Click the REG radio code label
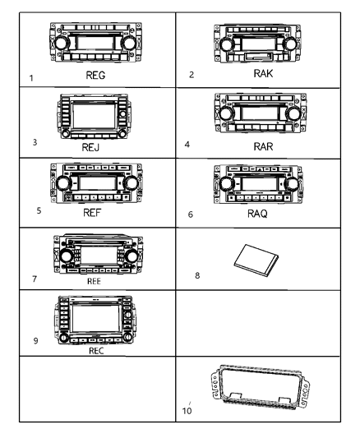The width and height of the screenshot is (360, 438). point(96,73)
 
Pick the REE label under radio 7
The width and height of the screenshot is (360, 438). point(95,279)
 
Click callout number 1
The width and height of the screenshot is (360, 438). point(31,79)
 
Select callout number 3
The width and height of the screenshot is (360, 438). point(35,142)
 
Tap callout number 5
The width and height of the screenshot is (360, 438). point(39,210)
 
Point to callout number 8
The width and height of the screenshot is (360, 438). point(197,276)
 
